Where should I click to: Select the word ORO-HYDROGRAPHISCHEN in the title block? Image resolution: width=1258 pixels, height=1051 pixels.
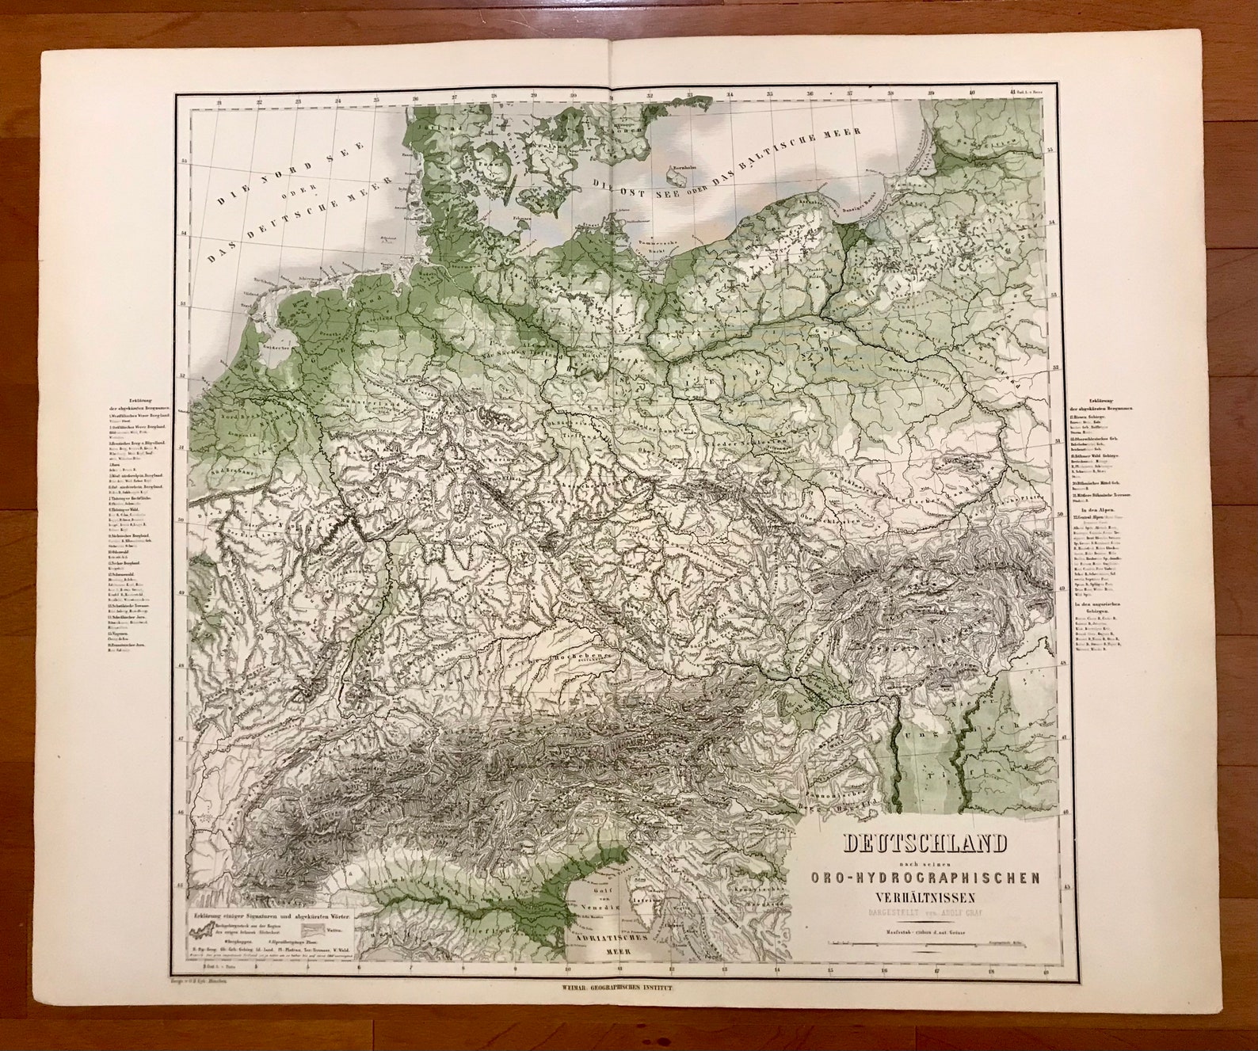(x=924, y=878)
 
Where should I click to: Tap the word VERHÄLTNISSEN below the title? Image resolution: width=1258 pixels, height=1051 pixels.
(x=924, y=897)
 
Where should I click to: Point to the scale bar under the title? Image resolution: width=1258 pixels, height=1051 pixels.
(x=924, y=943)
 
